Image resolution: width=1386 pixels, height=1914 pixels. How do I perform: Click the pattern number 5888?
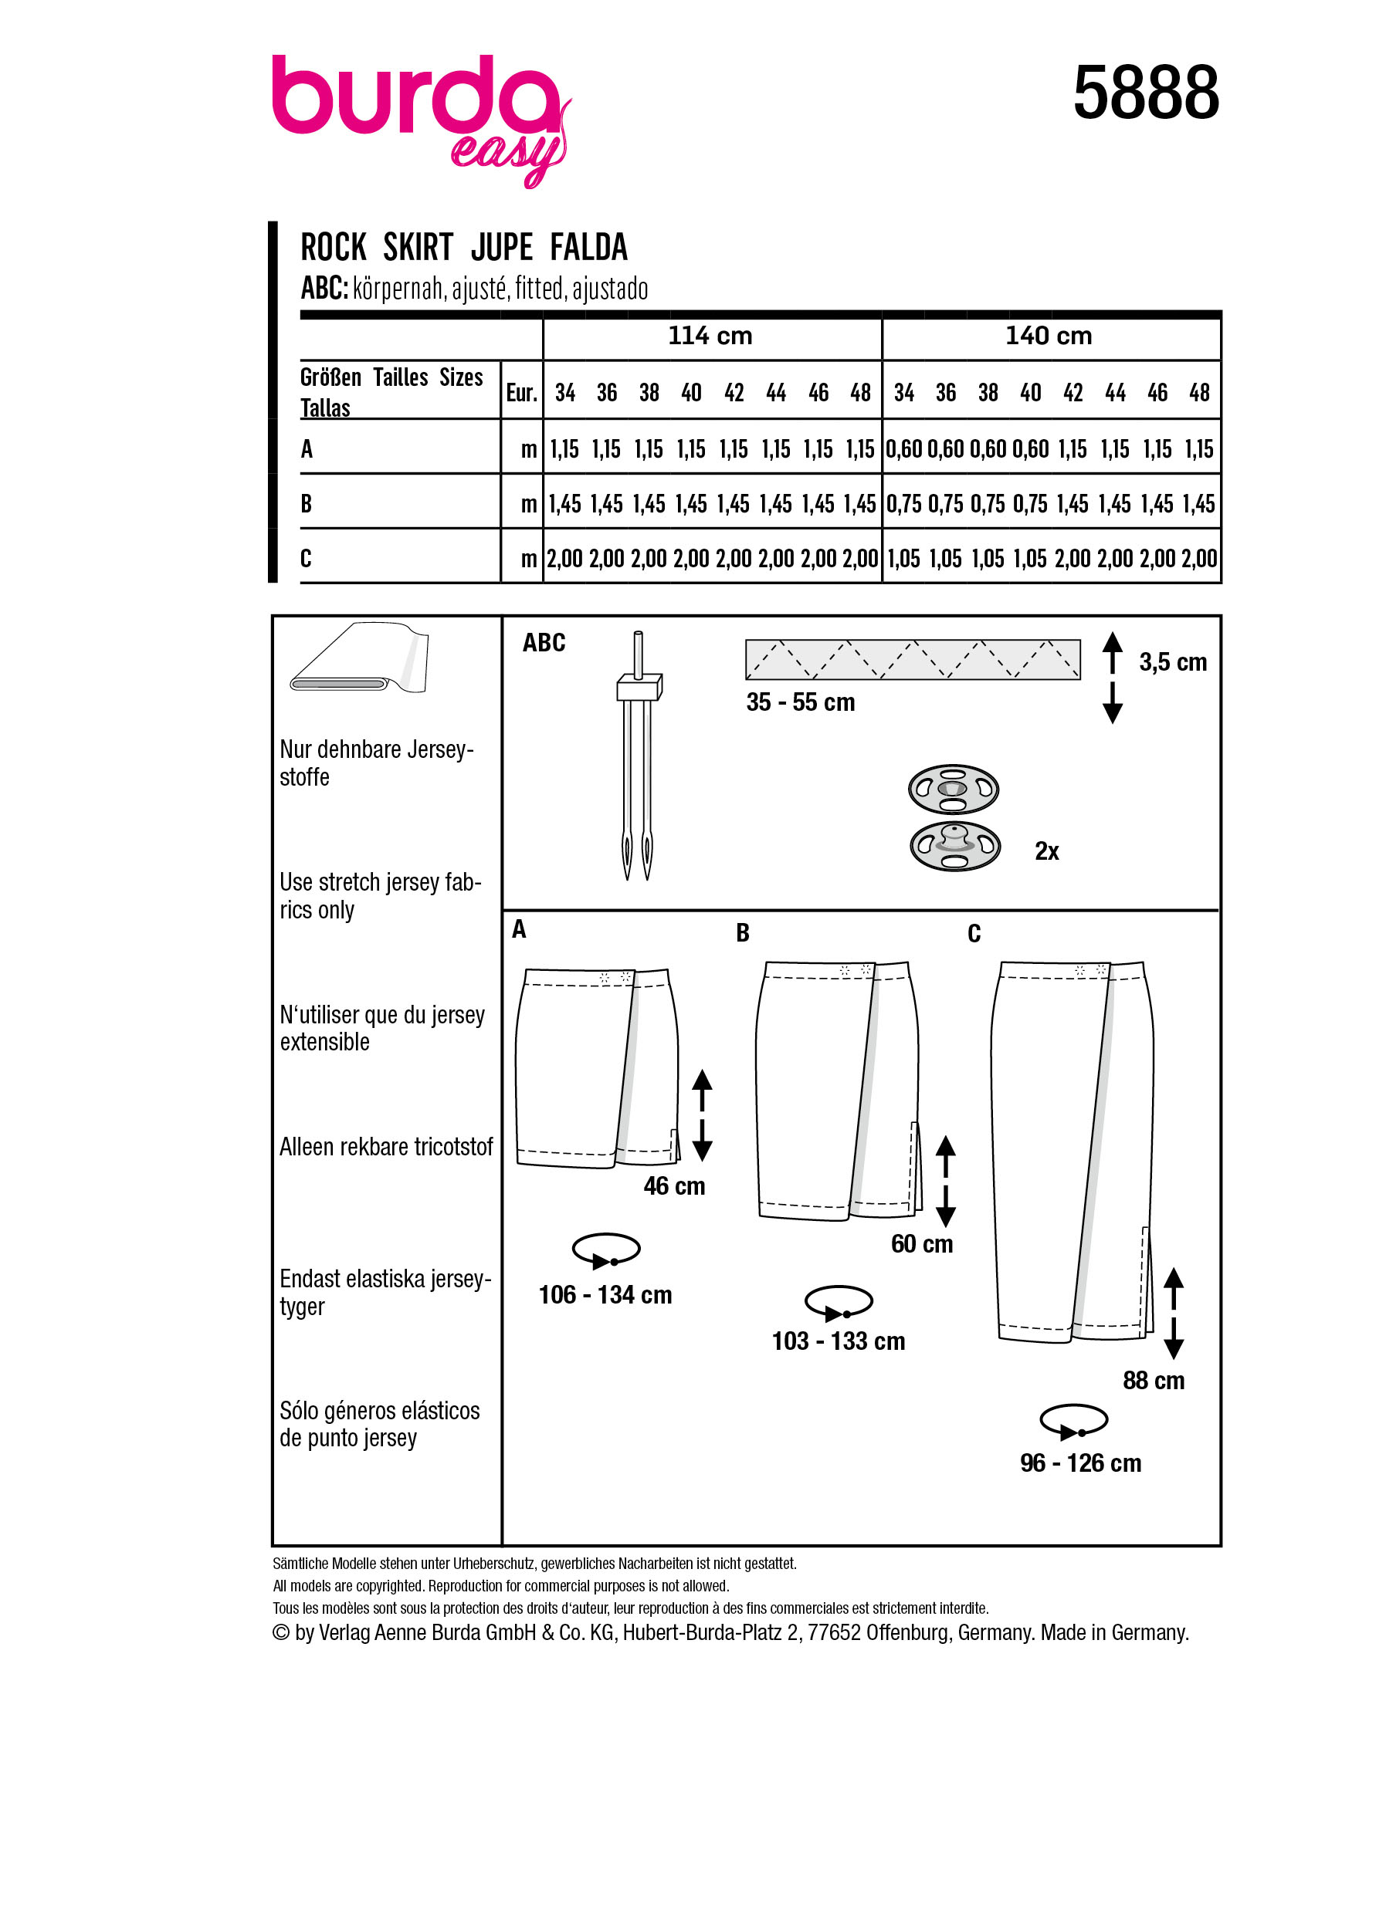tap(1144, 93)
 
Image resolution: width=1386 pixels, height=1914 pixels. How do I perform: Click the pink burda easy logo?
tap(419, 114)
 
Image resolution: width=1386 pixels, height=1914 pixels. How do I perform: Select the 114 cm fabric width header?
tap(709, 336)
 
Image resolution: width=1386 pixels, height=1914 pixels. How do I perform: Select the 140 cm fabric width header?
tap(1048, 336)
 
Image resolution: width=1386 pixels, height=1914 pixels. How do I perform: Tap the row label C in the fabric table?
tap(306, 558)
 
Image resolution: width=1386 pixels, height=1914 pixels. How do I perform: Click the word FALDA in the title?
tap(588, 248)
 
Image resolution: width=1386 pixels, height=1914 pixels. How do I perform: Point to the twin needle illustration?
tap(638, 756)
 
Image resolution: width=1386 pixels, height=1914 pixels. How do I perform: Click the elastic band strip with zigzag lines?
tap(912, 659)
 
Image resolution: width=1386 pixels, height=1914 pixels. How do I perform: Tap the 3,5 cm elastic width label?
tap(1171, 662)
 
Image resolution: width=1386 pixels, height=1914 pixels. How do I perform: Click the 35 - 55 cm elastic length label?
tap(799, 702)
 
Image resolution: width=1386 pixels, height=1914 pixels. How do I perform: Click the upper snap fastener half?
tap(953, 789)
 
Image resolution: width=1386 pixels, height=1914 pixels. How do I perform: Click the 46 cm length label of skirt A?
tap(673, 1185)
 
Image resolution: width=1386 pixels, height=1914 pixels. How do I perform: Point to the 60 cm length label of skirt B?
tap(921, 1244)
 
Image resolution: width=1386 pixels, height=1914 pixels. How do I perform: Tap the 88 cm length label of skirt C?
tap(1153, 1381)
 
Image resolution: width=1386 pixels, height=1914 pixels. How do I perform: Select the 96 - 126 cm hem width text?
tap(1079, 1463)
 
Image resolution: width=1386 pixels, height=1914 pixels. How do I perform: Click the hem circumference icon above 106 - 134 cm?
tap(605, 1250)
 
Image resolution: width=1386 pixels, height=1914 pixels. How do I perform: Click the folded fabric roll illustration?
tap(360, 658)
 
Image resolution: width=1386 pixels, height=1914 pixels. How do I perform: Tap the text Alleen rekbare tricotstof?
tap(386, 1147)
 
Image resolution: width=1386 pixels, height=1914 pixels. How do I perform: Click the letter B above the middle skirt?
tap(742, 932)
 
